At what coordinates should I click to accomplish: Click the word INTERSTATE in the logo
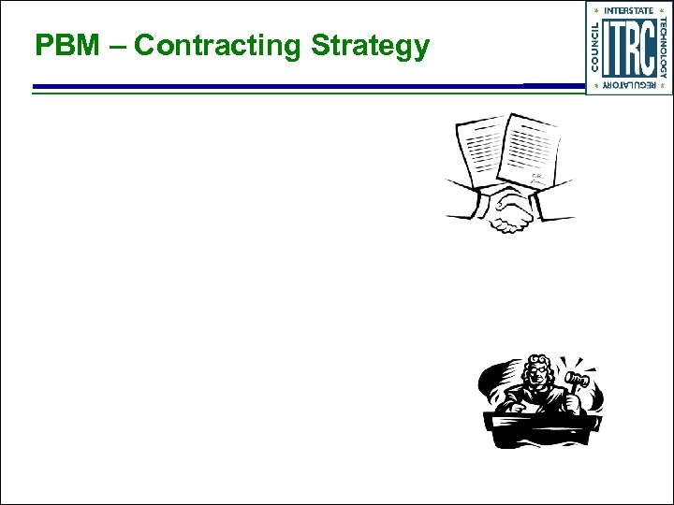click(x=628, y=10)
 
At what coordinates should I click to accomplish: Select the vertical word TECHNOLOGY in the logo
click(x=664, y=47)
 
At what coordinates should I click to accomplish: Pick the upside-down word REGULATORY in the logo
click(x=628, y=85)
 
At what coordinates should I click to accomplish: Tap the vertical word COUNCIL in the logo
click(x=593, y=47)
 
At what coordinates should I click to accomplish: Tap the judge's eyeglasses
click(x=536, y=372)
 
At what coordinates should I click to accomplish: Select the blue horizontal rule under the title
click(x=281, y=87)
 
